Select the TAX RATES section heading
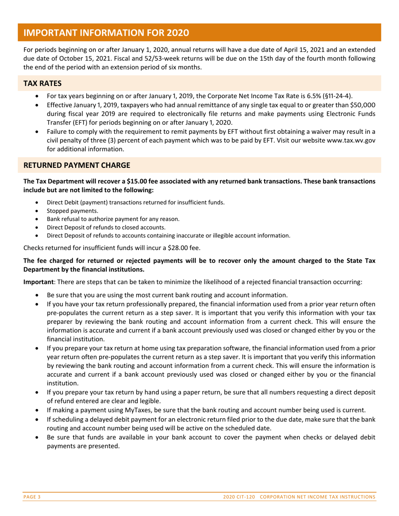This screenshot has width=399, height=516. point(42,83)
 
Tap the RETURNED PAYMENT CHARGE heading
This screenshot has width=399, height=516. point(76,165)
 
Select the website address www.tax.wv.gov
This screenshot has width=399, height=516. point(351,140)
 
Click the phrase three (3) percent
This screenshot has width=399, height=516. point(110,140)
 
